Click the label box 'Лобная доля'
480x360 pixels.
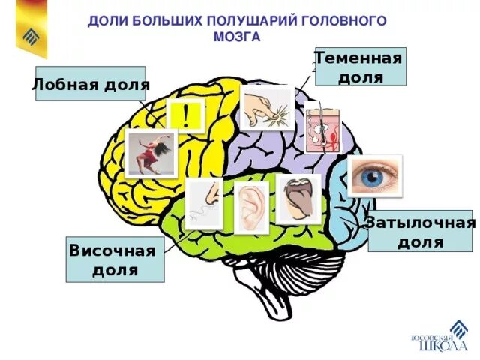90,84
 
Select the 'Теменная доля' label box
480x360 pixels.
359,67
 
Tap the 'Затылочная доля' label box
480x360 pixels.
421,231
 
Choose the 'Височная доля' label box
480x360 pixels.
115,259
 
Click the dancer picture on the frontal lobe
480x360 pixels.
151,154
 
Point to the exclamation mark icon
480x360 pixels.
186,116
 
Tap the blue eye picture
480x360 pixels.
374,176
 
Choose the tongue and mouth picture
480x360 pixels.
298,199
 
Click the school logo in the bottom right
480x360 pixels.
443,337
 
